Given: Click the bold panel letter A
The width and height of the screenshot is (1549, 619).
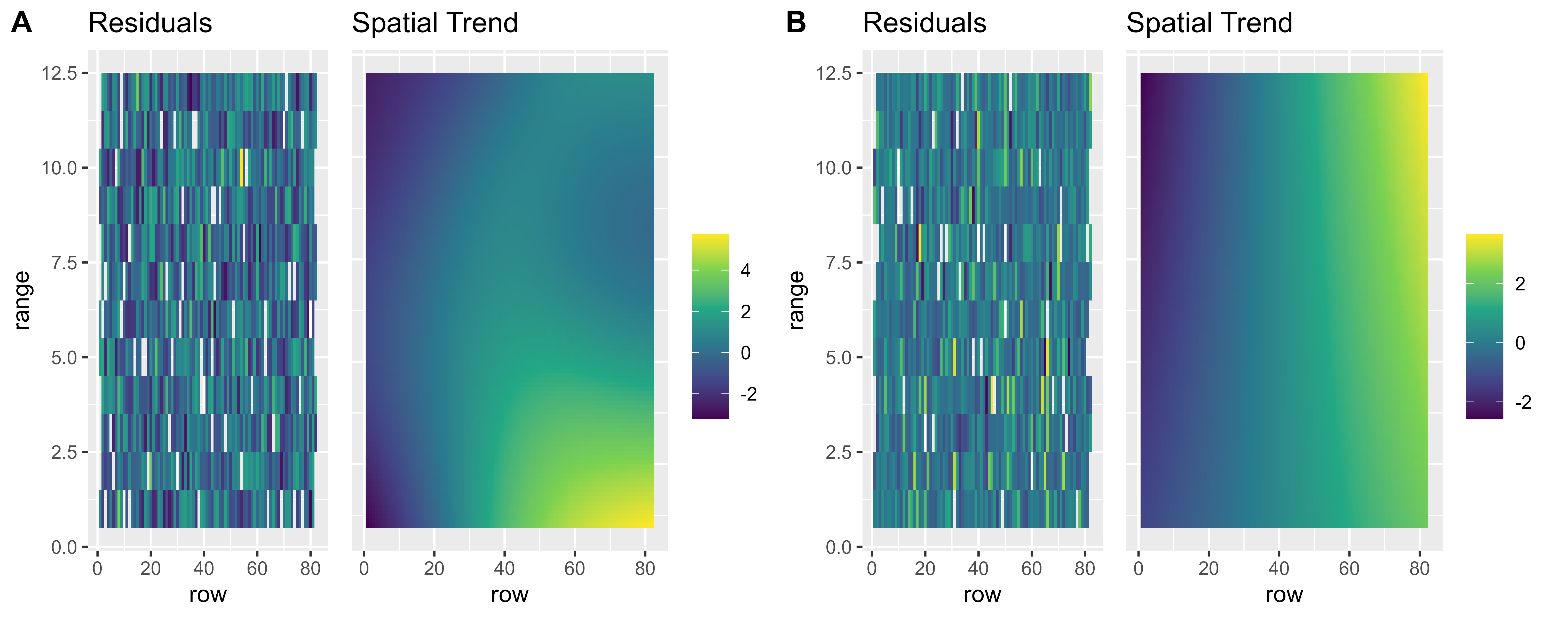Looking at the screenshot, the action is point(22,23).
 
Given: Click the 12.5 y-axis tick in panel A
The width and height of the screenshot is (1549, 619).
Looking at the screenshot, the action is point(60,73).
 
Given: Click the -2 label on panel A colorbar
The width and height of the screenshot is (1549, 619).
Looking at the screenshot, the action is point(749,394).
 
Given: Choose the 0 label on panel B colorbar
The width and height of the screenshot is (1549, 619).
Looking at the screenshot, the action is point(1520,343).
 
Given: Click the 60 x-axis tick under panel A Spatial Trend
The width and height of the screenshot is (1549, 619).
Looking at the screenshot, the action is point(575,568).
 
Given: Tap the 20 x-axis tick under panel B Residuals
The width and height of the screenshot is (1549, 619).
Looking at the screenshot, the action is point(925,568).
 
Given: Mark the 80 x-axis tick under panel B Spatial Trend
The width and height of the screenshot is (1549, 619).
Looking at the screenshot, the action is point(1420,568).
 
